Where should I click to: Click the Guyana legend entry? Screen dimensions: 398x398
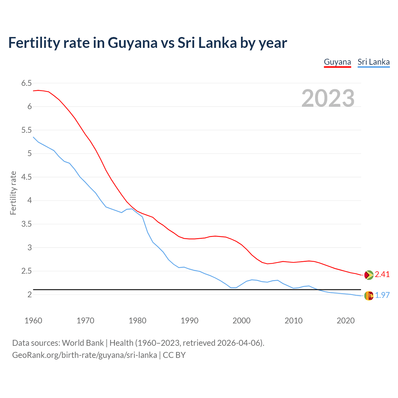[x=337, y=62]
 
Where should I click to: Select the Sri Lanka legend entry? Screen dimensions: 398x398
[x=373, y=62]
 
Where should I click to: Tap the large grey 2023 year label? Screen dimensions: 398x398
[x=328, y=98]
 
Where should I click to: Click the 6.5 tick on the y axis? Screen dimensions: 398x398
[x=26, y=83]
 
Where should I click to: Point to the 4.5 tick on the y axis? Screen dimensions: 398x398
[x=26, y=177]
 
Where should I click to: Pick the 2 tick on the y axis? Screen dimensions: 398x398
[x=30, y=294]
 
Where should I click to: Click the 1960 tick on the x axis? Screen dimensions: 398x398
[x=33, y=321]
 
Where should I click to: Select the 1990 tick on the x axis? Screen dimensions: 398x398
[x=189, y=321]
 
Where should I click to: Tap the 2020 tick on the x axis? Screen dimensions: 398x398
[x=345, y=321]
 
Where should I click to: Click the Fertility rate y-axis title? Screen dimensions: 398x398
[x=13, y=193]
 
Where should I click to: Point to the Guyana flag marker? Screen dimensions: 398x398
[x=368, y=275]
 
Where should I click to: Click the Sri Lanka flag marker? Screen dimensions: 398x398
[x=368, y=296]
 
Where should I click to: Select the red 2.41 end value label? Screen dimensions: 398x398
[x=382, y=274]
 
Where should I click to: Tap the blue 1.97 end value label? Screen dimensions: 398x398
[x=382, y=295]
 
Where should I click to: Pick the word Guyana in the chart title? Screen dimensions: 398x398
[x=132, y=43]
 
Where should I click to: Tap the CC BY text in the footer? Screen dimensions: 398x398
[x=174, y=355]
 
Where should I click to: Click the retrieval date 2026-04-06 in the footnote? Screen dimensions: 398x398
[x=238, y=343]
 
